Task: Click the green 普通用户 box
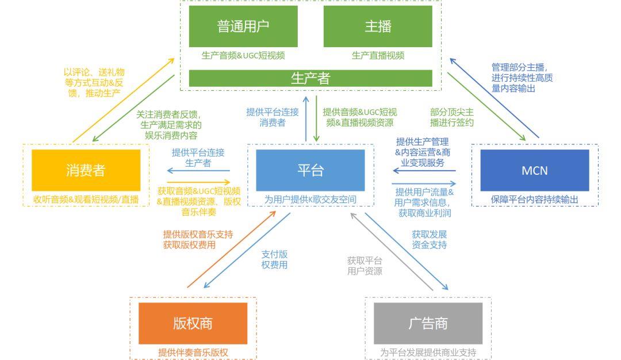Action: pos(243,26)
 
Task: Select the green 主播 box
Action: pos(378,26)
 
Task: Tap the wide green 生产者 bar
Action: pos(310,78)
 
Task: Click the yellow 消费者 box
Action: pos(86,170)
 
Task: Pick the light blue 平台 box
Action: pos(310,170)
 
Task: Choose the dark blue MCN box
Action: pos(535,170)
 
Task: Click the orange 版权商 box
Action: pos(193,324)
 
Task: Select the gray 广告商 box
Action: pos(428,324)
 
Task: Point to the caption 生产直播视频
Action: pos(378,55)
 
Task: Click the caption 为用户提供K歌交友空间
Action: pos(310,199)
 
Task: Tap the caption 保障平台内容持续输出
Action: pos(535,199)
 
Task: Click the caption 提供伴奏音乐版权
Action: pos(193,352)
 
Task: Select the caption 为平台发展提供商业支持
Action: pos(428,352)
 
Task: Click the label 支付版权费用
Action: pos(274,259)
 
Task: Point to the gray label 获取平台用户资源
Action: pos(365,266)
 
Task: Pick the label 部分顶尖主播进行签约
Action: pos(452,117)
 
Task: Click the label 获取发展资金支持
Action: pos(430,240)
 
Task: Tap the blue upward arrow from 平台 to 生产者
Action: pos(306,118)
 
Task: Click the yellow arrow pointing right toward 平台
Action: pos(198,182)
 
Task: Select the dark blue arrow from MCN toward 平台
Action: pos(424,171)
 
